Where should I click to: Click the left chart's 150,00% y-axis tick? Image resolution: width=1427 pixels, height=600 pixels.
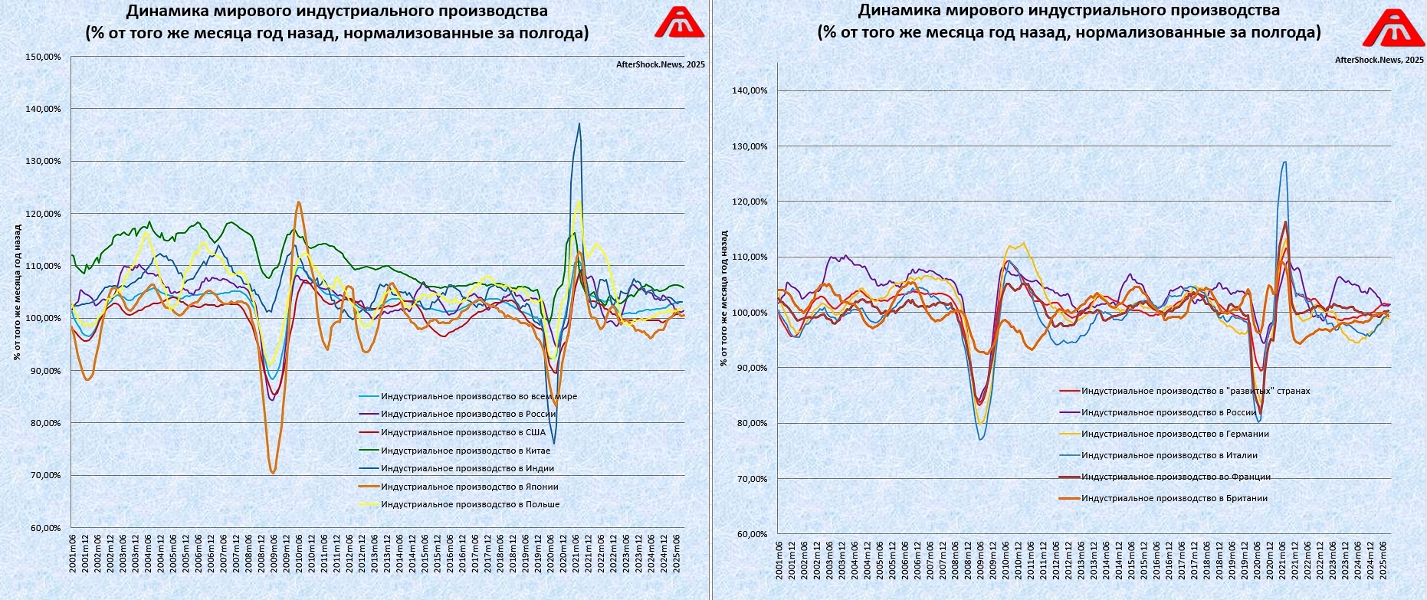43,57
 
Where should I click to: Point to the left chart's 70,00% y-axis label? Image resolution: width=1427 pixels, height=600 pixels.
43,475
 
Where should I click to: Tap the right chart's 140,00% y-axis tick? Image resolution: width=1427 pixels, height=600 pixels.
750,90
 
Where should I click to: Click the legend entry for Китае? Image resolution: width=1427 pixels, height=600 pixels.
465,451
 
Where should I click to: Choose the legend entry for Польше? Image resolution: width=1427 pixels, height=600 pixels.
470,504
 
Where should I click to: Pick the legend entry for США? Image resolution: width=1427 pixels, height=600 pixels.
463,432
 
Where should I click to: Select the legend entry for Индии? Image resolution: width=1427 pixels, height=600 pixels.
467,468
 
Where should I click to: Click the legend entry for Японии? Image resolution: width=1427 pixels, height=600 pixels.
469,487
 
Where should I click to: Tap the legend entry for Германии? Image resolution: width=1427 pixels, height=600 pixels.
1175,434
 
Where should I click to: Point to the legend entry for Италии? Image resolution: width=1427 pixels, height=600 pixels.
1169,455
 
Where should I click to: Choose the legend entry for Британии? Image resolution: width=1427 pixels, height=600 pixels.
1174,498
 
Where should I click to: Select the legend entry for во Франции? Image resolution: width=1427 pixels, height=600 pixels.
1176,477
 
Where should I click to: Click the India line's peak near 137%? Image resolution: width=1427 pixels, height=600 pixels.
579,123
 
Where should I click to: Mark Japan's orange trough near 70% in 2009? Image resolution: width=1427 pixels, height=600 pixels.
273,473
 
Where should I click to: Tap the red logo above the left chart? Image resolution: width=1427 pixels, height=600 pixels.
679,22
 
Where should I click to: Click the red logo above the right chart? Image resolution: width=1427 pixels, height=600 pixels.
1393,28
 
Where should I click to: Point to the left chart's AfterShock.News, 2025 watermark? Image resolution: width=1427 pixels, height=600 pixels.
660,65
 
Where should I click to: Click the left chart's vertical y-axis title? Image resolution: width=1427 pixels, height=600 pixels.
17,291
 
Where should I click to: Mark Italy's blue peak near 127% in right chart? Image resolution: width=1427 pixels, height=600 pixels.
1284,162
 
